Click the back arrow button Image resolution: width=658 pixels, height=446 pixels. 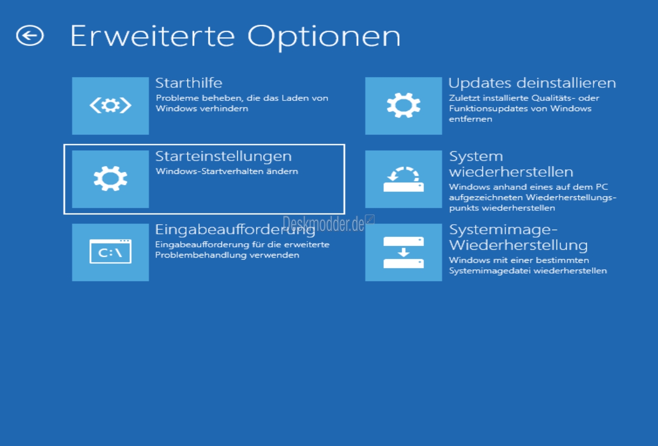click(30, 35)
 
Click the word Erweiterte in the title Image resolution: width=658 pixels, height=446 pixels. click(152, 36)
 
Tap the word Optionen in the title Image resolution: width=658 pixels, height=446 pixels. click(324, 38)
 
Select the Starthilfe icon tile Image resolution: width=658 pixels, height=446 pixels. click(110, 106)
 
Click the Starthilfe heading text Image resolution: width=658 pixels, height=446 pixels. click(188, 83)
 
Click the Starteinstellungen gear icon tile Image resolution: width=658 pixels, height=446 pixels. click(110, 179)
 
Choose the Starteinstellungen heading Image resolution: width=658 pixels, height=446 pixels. click(223, 157)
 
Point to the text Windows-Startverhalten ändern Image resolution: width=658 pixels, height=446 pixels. click(227, 171)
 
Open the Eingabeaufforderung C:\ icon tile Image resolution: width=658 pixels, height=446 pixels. click(110, 252)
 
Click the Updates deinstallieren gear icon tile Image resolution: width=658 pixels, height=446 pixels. click(403, 106)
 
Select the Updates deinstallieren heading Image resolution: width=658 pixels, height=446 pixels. click(532, 83)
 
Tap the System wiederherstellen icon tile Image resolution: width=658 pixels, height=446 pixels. click(403, 179)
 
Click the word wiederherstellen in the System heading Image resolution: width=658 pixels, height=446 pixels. click(511, 172)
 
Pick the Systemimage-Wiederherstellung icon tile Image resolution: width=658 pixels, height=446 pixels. click(403, 252)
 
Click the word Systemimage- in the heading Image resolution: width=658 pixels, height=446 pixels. click(503, 230)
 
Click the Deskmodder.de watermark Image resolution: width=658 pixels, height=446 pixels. click(323, 224)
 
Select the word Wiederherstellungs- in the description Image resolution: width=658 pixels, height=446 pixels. click(571, 198)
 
